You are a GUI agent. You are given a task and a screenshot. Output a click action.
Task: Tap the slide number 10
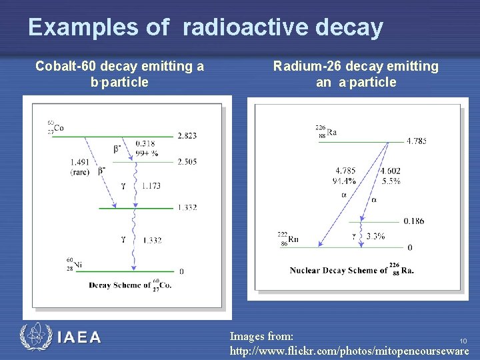(x=463, y=341)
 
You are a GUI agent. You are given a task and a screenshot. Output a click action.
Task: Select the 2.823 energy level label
(x=187, y=136)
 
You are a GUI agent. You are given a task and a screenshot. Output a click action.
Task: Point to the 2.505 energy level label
(x=187, y=161)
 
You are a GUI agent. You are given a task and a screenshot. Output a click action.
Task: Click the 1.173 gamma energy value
(x=151, y=185)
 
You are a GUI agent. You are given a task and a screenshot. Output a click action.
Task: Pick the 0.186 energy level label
(x=413, y=221)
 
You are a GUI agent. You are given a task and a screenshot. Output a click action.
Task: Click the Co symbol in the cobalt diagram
(x=59, y=127)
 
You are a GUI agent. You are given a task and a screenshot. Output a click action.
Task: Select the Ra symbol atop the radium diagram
(x=331, y=132)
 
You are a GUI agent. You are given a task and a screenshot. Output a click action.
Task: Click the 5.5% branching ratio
(x=390, y=181)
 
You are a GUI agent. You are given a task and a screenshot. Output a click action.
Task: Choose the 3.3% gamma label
(x=375, y=236)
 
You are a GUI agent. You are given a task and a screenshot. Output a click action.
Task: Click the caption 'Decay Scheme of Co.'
(x=129, y=285)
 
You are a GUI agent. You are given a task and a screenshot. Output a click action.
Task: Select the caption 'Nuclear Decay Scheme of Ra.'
(x=351, y=270)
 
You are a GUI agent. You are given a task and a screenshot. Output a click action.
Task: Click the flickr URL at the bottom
(x=349, y=349)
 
